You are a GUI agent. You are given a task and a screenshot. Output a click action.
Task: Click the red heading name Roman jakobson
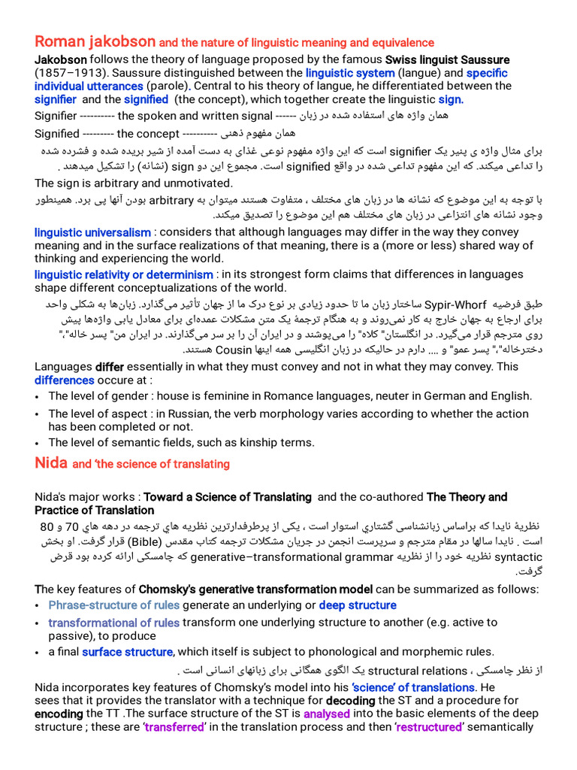(x=95, y=42)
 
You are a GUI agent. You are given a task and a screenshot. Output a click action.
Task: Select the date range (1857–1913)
(x=74, y=73)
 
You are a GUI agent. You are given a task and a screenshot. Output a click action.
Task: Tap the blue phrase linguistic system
(x=350, y=73)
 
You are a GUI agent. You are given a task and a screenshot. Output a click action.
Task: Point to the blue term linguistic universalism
(x=92, y=232)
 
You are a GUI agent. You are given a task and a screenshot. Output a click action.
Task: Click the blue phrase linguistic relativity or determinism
(x=124, y=274)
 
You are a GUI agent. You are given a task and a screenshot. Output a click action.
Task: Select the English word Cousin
(x=233, y=350)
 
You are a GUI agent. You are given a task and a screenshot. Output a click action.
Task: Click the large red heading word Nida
(x=51, y=463)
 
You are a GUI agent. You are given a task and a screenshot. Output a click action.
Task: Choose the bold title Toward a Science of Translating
(x=228, y=497)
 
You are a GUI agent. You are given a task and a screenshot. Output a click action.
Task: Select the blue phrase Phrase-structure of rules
(x=114, y=605)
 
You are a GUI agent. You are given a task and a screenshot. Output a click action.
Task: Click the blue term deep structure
(x=358, y=605)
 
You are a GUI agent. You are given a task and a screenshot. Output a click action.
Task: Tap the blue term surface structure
(x=128, y=652)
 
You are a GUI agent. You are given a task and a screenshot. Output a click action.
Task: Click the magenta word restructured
(x=429, y=727)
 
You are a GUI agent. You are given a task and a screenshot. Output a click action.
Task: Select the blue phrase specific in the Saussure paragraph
(x=487, y=73)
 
